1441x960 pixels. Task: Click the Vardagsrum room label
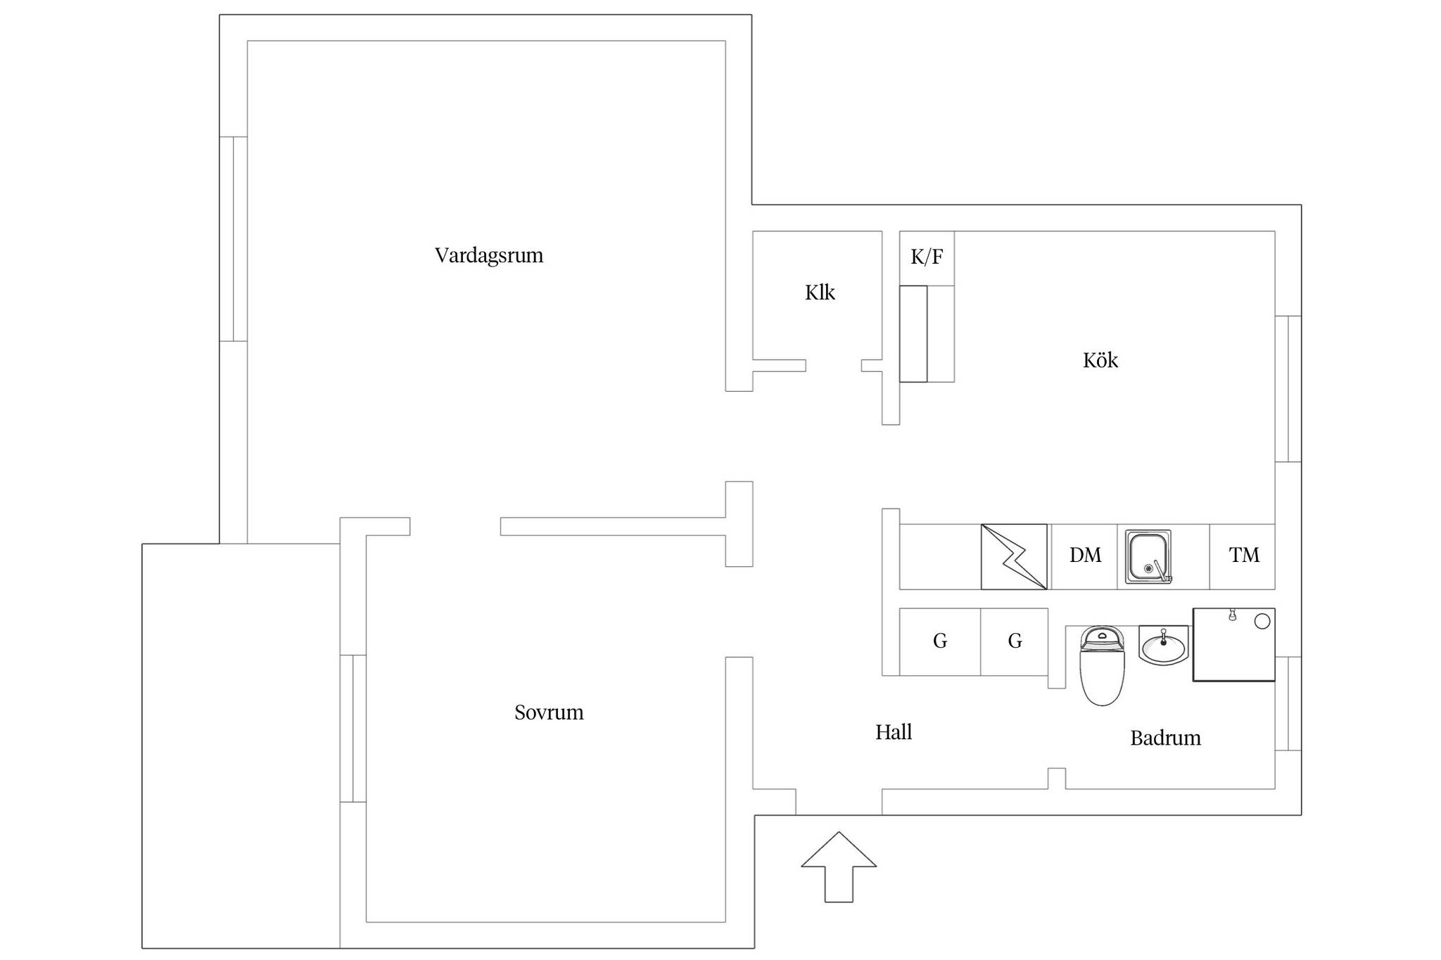[489, 255]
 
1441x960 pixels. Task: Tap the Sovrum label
[549, 712]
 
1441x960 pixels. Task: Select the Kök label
[1100, 360]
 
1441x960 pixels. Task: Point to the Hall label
[894, 732]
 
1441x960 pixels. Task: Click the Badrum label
[1165, 738]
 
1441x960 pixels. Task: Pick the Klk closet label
[820, 292]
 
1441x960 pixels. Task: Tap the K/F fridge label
[927, 257]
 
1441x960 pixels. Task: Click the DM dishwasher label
[1085, 555]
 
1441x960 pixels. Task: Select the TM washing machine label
[1244, 555]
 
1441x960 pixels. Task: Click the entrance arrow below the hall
[839, 866]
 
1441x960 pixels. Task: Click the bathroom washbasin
[1163, 645]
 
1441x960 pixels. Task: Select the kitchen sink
[1148, 556]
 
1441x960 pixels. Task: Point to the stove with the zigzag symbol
[1014, 556]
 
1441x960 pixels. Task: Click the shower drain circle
[1262, 621]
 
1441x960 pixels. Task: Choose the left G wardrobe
[940, 641]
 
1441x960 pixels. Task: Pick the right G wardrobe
[1015, 641]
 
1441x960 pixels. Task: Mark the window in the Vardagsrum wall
[234, 239]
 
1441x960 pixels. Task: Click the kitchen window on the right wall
[1288, 389]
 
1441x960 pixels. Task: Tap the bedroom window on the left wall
[353, 729]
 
